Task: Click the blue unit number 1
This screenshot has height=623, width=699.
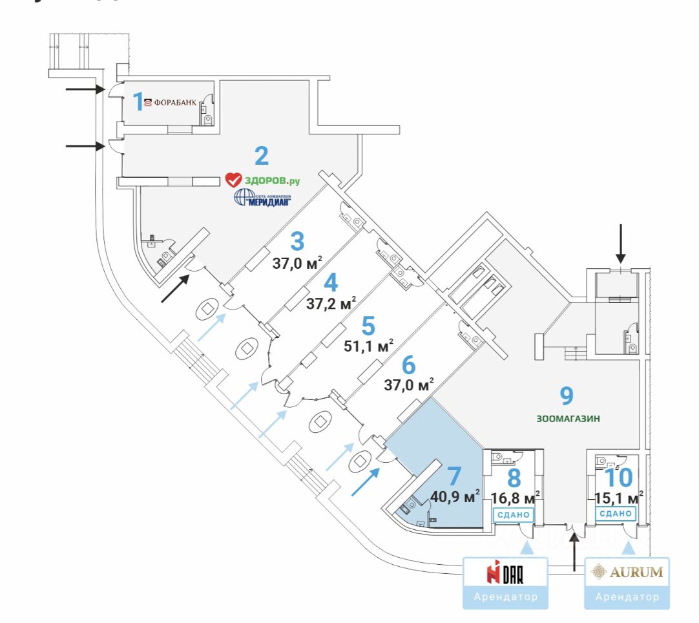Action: point(137,101)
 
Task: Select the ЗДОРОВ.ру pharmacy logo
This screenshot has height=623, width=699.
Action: point(262,180)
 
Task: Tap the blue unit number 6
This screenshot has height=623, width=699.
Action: point(409,365)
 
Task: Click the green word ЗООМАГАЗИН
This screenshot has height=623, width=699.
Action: point(568,418)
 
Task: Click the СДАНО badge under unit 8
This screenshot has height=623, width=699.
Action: point(514,514)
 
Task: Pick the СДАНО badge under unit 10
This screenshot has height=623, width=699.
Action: point(615,514)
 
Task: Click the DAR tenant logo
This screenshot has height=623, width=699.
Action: point(505,572)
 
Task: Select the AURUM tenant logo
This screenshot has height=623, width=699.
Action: point(627,571)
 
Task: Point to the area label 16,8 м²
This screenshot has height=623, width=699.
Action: point(515,498)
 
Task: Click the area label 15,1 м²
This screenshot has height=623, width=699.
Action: point(616,497)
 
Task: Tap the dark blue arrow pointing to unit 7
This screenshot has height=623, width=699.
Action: point(365,481)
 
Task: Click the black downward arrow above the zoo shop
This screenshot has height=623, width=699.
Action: point(621,242)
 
